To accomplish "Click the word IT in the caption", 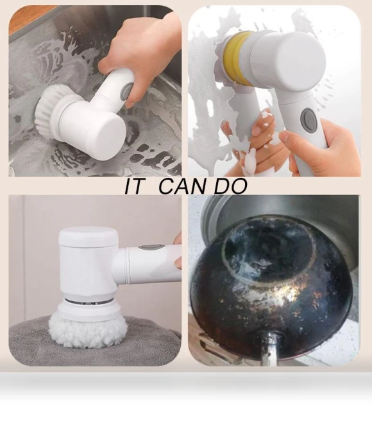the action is (x=133, y=186).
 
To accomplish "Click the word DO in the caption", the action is (x=231, y=186).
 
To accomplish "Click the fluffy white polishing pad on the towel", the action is (x=89, y=330).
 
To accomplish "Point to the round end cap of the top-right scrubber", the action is (x=301, y=58).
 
